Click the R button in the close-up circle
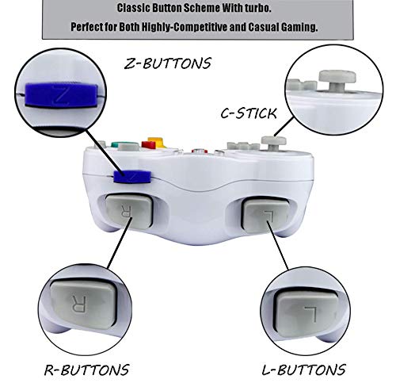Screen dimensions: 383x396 pos(81,304)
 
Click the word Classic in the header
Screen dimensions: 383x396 pos(136,9)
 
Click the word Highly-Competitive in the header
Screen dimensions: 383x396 pos(193,26)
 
